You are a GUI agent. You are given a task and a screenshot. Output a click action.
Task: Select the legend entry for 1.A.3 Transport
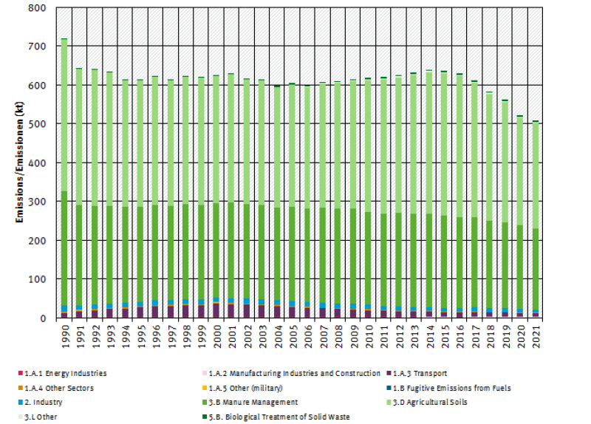tap(422, 374)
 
